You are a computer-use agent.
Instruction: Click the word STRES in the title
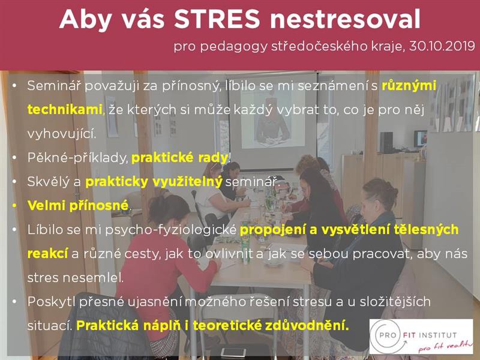pos(217,19)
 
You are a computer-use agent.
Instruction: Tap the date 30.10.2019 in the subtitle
pos(442,46)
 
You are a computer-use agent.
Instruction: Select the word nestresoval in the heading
pos(346,19)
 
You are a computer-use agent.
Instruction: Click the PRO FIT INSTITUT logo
pos(421,337)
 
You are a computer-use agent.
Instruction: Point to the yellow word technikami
pos(65,109)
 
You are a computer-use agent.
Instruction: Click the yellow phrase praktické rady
pos(179,158)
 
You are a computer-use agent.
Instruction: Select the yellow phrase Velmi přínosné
pos(78,205)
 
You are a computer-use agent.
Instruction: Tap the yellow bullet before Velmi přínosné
pos(14,206)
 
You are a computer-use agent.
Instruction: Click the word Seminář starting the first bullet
pos(54,86)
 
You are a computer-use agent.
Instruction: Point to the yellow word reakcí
pos(47,254)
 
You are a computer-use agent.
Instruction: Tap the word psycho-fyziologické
pos(171,230)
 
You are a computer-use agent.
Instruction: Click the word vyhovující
pos(62,134)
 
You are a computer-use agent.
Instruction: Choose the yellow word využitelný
pos(187,182)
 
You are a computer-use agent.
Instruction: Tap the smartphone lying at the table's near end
pos(233,352)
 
